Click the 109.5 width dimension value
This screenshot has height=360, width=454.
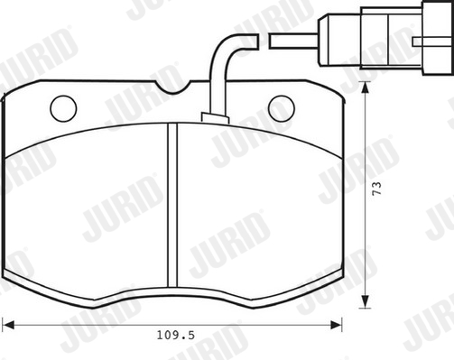coord(176,335)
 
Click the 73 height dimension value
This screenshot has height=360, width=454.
coord(376,189)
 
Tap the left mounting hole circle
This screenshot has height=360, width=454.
coord(63,108)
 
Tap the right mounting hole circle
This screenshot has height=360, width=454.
coord(282,108)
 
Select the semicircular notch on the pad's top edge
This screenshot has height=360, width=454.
coord(172,88)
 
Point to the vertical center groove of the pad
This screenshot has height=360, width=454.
coord(172,205)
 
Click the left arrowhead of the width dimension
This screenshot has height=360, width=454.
coord(8,325)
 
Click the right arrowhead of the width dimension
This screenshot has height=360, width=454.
coord(336,325)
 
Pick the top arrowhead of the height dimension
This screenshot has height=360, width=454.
coord(365,88)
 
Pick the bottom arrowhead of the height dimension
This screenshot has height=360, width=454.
coord(365,301)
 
